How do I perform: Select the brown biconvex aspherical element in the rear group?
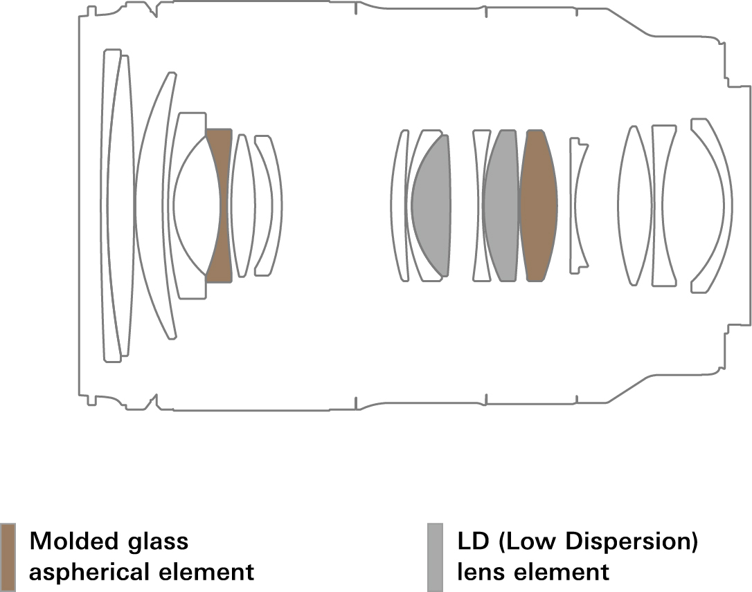click(538, 205)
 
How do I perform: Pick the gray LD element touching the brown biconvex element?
click(501, 205)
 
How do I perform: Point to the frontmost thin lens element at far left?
click(110, 205)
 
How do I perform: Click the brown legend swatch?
click(8, 557)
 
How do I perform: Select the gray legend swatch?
click(435, 557)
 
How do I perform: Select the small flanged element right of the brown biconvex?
click(578, 205)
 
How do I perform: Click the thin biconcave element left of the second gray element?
click(481, 205)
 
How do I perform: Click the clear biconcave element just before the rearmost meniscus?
click(663, 205)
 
